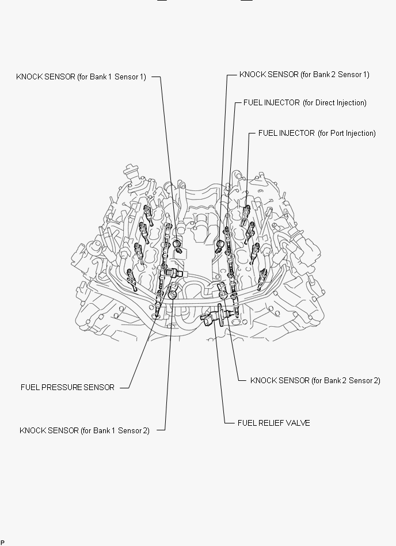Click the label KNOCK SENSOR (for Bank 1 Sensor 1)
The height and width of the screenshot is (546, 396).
81,77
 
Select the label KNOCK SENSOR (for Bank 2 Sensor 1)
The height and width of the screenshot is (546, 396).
304,74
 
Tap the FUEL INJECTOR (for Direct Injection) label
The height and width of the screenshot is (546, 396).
304,103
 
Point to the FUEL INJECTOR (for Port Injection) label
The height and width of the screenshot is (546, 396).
317,133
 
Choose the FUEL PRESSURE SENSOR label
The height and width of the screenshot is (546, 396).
67,387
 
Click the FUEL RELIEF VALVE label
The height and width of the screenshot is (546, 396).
274,423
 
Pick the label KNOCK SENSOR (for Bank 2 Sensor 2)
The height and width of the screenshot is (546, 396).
315,380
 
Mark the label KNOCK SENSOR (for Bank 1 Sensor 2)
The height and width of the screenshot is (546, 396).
85,430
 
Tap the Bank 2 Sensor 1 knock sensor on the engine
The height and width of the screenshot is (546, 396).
219,246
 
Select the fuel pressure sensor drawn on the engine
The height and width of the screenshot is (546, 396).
173,273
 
